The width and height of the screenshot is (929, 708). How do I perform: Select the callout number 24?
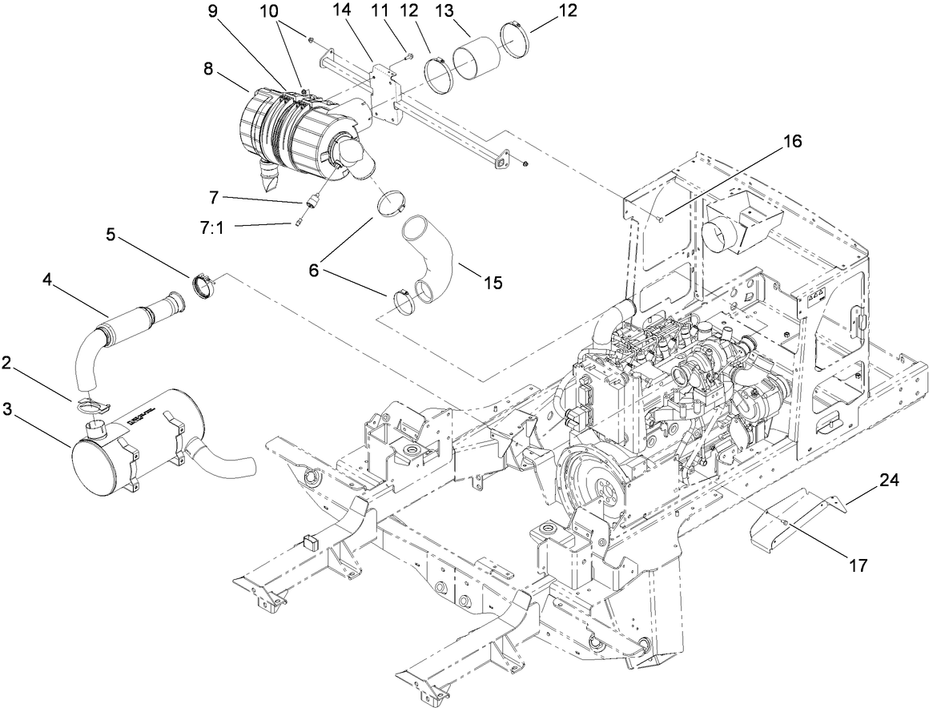(889, 481)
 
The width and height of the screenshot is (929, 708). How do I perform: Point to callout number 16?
(792, 142)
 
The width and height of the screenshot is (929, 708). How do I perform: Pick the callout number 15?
(493, 283)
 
